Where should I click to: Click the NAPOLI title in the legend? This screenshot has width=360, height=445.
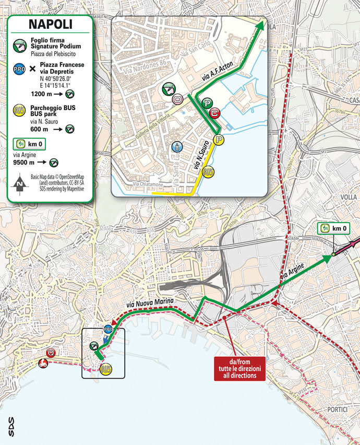coord(50,24)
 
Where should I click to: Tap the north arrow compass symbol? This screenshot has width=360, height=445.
coord(19,183)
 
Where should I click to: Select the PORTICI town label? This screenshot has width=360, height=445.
coord(337,410)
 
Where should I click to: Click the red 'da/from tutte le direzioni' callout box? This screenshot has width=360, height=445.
coord(240,368)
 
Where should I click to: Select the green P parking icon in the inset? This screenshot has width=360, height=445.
coord(207,104)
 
